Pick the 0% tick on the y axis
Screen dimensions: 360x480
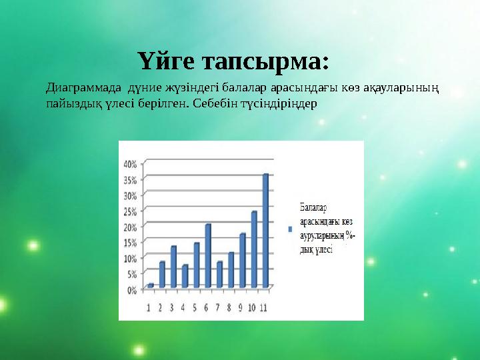[x=131, y=290]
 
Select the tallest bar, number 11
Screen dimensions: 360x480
[x=265, y=230]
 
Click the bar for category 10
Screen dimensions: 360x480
[x=254, y=249]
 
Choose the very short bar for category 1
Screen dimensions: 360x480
[x=151, y=285]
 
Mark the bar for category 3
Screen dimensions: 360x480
[x=173, y=266]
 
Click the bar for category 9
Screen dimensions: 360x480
[x=243, y=260]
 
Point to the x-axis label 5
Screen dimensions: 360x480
[x=195, y=307]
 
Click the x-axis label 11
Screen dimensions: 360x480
[x=265, y=307]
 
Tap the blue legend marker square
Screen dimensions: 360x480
[x=290, y=229]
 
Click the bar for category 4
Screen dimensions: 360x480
[x=185, y=276]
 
